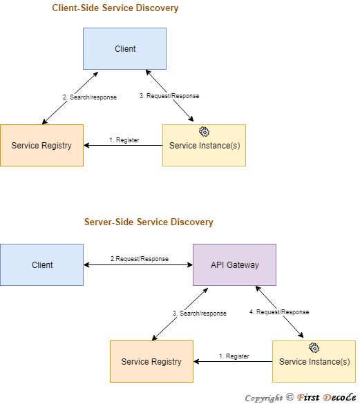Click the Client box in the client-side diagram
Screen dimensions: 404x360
coord(124,48)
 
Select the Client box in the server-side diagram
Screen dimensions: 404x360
coord(41,264)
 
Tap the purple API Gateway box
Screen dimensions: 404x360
coord(234,264)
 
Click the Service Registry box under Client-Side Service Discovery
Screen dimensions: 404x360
coord(41,145)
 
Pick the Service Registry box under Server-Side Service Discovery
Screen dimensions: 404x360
coord(151,361)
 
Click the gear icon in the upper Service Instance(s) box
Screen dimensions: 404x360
coord(204,131)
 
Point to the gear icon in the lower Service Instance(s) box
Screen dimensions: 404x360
coord(314,347)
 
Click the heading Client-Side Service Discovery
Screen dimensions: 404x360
coord(115,8)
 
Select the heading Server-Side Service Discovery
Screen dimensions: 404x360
coord(149,222)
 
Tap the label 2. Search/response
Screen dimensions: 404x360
coord(90,97)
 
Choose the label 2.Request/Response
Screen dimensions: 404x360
coord(139,259)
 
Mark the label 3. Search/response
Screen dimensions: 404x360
coord(200,313)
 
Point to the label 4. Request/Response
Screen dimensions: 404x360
coord(279,312)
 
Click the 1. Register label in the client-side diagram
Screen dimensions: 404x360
coord(124,140)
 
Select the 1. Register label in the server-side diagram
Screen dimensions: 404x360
coord(234,356)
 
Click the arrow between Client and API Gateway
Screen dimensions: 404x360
coord(138,265)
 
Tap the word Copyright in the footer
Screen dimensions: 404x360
coord(263,397)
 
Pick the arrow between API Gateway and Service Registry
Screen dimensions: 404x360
coord(180,314)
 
